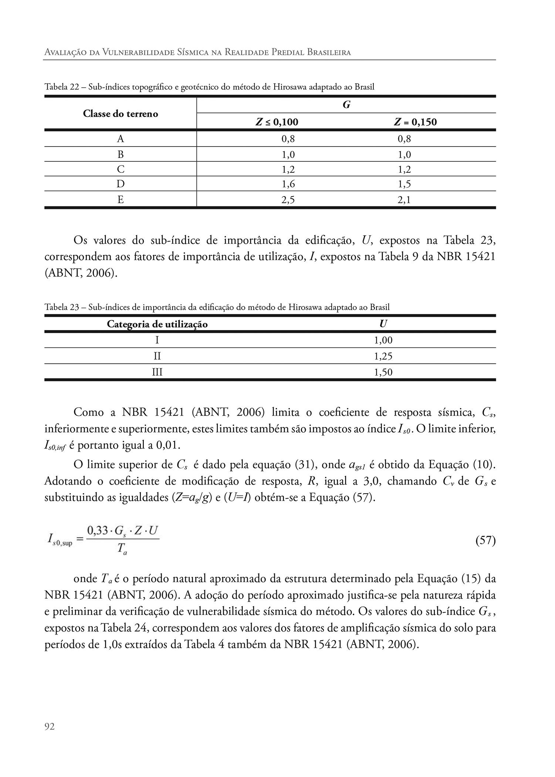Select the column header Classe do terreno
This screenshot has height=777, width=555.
pyautogui.click(x=121, y=114)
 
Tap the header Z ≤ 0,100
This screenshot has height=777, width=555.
pyautogui.click(x=277, y=122)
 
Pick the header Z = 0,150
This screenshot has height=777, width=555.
pyautogui.click(x=415, y=122)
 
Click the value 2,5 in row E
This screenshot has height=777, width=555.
pyautogui.click(x=288, y=200)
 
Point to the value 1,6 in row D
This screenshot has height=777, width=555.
pyautogui.click(x=288, y=184)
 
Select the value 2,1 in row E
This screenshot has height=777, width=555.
pyautogui.click(x=405, y=200)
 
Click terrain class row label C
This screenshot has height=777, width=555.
pyautogui.click(x=121, y=169)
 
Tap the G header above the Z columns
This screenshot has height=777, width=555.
pyautogui.click(x=346, y=105)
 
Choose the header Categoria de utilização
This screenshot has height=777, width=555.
pyautogui.click(x=157, y=324)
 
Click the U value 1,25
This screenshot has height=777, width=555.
pyautogui.click(x=383, y=356)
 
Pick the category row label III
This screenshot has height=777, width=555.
pyautogui.click(x=158, y=372)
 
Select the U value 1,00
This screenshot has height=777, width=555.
pyautogui.click(x=383, y=340)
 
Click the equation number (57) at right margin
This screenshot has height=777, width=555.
pyautogui.click(x=485, y=541)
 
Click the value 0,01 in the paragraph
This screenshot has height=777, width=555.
pyautogui.click(x=168, y=445)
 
